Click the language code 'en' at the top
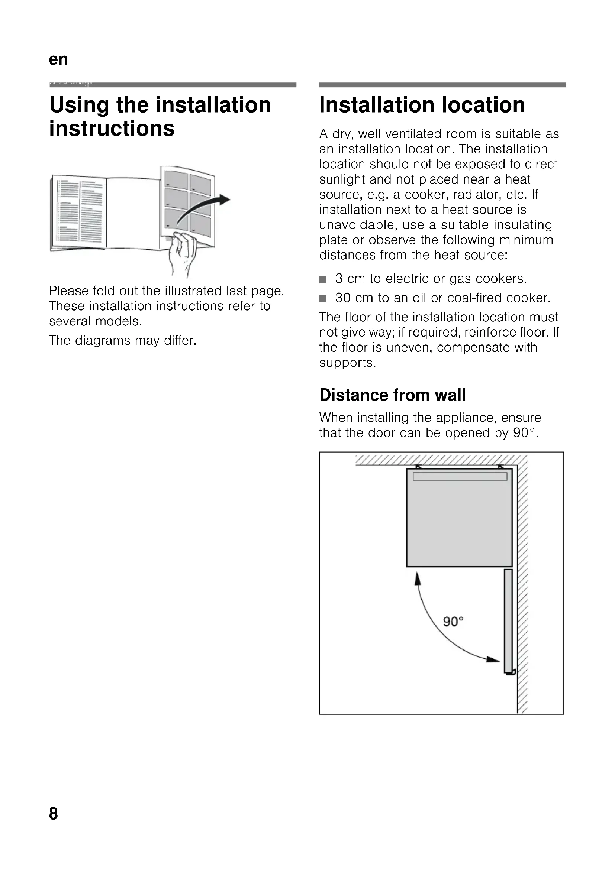(x=58, y=59)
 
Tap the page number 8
(x=54, y=813)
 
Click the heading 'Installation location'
(x=422, y=105)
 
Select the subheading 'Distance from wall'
(x=392, y=395)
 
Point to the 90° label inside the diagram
(x=453, y=622)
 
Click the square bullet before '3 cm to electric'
(x=323, y=279)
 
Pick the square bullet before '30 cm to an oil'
(x=323, y=299)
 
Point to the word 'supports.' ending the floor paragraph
(x=348, y=363)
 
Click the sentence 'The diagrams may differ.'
(x=123, y=340)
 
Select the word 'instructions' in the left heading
(x=112, y=128)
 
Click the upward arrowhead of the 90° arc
(x=418, y=579)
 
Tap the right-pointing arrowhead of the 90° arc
(x=493, y=659)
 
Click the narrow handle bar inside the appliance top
(x=460, y=477)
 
